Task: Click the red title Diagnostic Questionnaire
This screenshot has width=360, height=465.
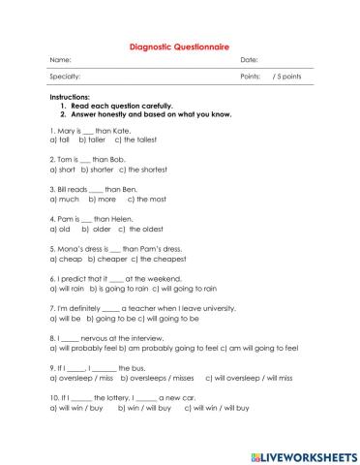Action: coord(179,44)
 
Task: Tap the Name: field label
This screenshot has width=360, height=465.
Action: coord(60,60)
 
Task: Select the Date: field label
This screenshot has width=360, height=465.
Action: coord(249,60)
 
